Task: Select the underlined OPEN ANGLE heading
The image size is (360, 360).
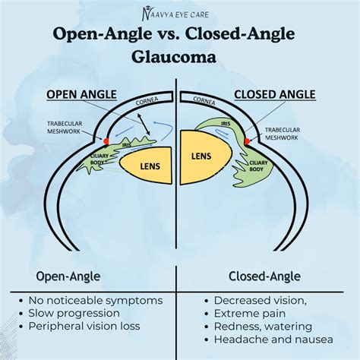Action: tap(82, 94)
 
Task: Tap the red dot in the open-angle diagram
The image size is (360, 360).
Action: tap(106, 141)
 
